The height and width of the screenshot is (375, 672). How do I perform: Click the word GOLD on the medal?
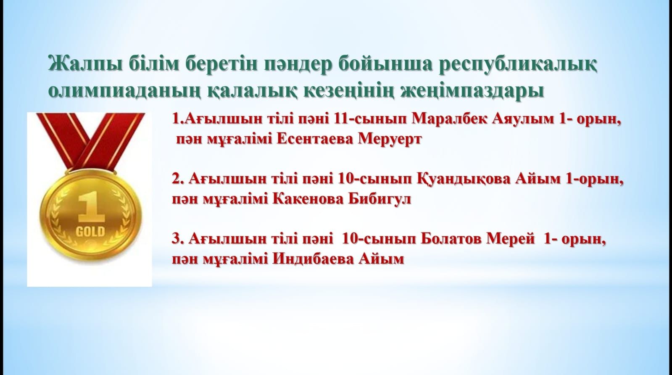90,231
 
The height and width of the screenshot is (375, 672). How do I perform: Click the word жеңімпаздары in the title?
472,91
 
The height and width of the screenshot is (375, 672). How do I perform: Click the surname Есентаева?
315,139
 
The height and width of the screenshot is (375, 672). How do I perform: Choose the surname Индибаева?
313,259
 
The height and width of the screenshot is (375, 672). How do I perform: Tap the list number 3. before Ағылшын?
177,239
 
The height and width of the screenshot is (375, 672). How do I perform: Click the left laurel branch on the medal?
60,217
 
